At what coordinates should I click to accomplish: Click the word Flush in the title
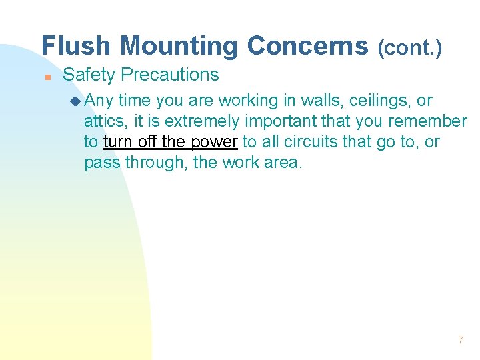coord(77,46)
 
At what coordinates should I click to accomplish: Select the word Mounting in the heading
coord(179,46)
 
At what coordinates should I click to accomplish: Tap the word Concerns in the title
coord(307,46)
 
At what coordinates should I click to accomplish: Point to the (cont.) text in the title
coord(409,47)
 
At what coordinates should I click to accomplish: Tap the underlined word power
coord(214,142)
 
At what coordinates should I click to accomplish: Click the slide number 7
coord(460,341)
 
